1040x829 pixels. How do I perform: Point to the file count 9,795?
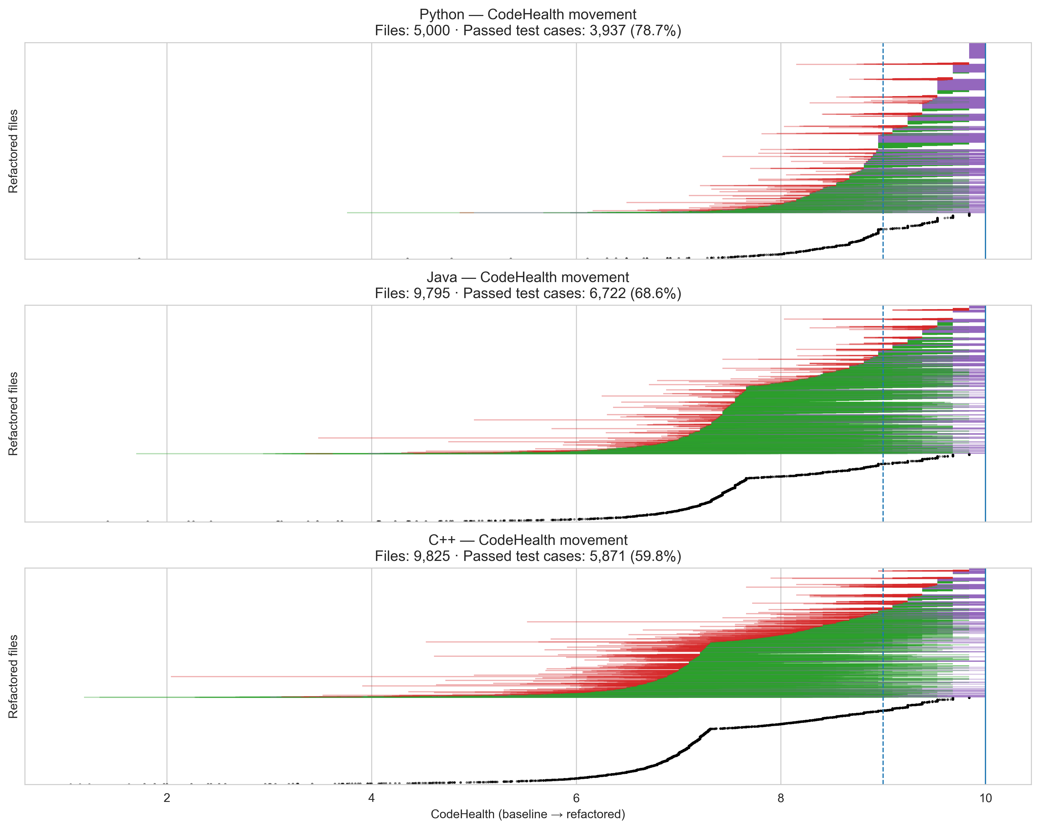(x=431, y=293)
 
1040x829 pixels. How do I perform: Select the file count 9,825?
(x=431, y=556)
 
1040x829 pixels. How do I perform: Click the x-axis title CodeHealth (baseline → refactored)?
(x=528, y=814)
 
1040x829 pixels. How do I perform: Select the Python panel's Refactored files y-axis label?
(x=13, y=151)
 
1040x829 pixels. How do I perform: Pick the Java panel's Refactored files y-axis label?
(x=13, y=413)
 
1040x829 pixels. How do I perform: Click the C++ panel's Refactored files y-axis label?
(x=13, y=676)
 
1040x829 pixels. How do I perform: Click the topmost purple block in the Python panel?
(x=977, y=51)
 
